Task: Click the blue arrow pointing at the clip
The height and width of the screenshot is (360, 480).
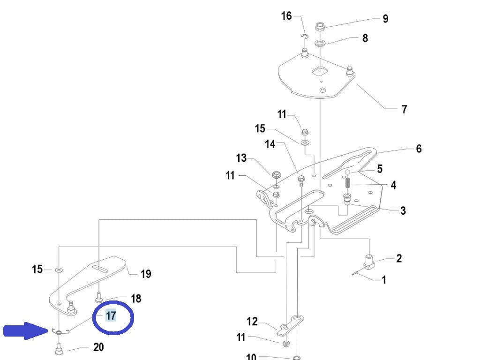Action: [x=26, y=330]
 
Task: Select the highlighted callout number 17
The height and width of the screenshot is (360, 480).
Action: [x=111, y=315]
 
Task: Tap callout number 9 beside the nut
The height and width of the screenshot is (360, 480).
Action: [x=385, y=19]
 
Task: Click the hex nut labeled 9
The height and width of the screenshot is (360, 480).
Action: [x=320, y=27]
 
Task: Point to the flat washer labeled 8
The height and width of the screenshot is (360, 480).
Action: [x=320, y=42]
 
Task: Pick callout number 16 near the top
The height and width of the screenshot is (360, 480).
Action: [x=286, y=15]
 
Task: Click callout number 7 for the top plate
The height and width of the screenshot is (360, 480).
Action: [x=405, y=109]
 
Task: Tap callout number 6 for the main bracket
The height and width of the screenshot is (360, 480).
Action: [x=419, y=149]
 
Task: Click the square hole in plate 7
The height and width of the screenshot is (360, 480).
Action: [x=320, y=71]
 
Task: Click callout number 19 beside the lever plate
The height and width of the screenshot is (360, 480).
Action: [x=146, y=274]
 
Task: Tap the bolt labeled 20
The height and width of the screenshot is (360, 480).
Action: [x=59, y=349]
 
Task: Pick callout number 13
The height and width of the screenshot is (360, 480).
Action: [x=241, y=158]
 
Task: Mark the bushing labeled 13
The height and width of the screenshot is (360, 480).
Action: [x=276, y=175]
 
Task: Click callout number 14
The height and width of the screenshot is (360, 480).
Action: [x=270, y=144]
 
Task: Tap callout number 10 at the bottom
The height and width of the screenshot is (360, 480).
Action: [x=251, y=356]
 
